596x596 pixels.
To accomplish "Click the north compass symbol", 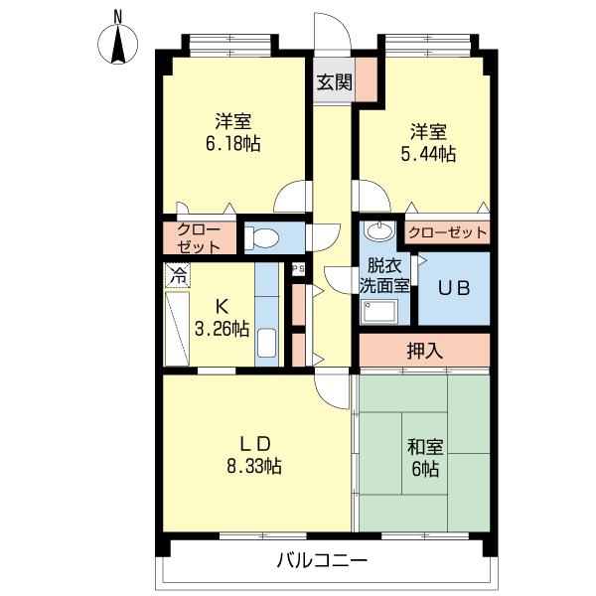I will coord(118,41).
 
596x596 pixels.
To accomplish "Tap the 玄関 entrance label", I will coord(334,82).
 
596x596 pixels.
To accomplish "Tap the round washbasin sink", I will coord(377,232).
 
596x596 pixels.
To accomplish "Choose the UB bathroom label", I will coord(455,288).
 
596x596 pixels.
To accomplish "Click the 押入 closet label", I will coord(424,350).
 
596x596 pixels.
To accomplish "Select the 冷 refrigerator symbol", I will coord(178,274).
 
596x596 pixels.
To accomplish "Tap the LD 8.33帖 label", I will coord(256,453).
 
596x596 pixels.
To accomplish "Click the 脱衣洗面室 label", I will coord(383,274).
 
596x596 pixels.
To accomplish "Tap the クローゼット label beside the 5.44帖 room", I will coord(448,233).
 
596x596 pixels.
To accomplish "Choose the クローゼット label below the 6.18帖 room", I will coord(202,237).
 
